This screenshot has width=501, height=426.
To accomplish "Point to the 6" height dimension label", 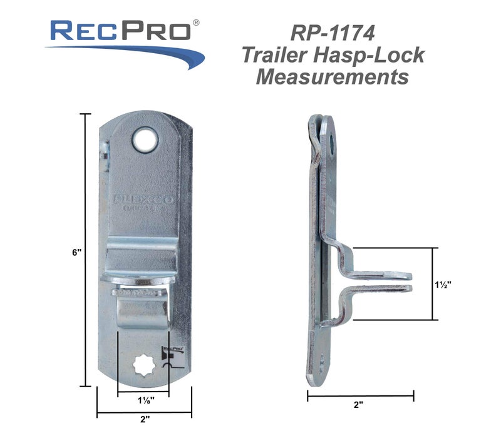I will point(77,253).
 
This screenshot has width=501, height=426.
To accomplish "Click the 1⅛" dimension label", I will point(143,398).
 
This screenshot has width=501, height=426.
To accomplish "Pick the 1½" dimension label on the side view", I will point(442,283).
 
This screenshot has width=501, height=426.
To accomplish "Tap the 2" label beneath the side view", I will point(358,405).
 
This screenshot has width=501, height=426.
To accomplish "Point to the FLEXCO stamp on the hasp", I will point(144,201).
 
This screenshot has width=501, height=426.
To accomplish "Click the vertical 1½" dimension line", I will point(432,283).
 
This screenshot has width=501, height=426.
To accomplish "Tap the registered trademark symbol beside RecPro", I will point(196,23).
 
